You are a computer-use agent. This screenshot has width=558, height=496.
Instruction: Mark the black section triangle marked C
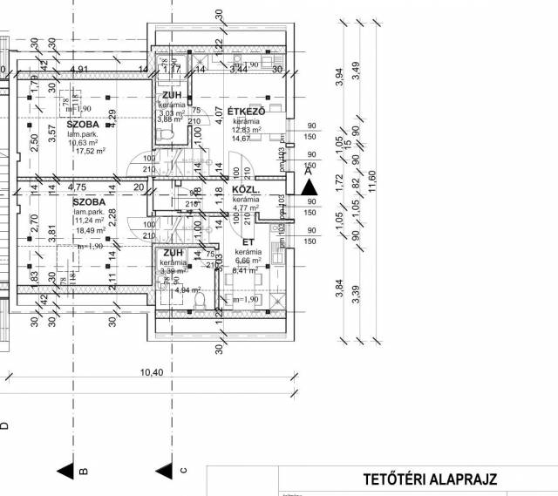[x=164, y=471]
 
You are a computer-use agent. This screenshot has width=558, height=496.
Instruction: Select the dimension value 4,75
[x=76, y=186]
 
